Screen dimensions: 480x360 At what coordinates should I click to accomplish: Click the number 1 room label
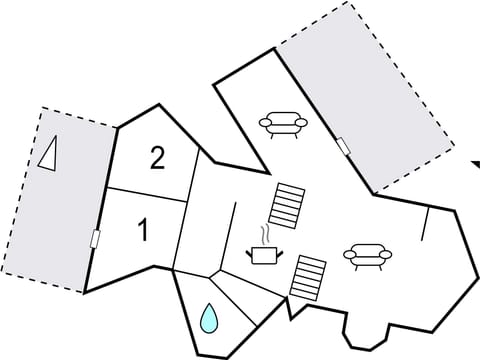(143, 231)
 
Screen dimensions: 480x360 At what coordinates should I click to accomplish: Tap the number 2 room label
(157, 158)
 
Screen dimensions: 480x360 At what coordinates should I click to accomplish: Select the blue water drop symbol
(209, 318)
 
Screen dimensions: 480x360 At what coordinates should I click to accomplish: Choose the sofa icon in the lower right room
(367, 256)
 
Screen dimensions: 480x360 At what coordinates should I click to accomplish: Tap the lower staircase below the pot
(308, 276)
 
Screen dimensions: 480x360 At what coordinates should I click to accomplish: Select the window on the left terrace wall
(95, 239)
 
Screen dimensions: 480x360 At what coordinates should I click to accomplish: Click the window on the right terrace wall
(343, 146)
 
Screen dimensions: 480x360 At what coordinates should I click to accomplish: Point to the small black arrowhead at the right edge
(474, 162)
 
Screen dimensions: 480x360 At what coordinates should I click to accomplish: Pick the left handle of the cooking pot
(250, 251)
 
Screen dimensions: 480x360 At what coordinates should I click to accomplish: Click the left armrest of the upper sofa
(264, 123)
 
